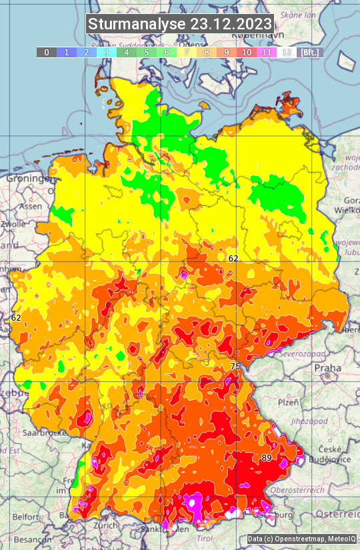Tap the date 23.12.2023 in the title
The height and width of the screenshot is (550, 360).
tap(231, 24)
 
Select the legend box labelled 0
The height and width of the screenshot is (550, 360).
tap(46, 52)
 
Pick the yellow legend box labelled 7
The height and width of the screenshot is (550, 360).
tap(187, 52)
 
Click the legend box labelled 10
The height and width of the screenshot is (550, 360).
tap(247, 52)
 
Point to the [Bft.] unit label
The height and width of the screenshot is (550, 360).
tap(310, 52)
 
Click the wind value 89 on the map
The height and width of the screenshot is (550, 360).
tap(267, 458)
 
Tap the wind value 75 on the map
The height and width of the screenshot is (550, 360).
tap(235, 367)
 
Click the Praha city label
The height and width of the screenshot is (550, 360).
tap(327, 368)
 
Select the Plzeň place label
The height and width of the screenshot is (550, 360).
tap(288, 403)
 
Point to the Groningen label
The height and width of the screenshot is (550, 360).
tap(28, 179)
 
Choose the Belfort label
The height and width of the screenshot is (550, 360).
tap(27, 517)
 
